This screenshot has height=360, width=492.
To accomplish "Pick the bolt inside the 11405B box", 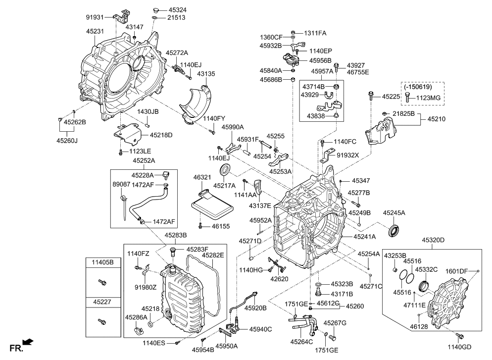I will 102,282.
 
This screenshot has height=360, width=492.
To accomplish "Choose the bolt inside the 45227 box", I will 102,322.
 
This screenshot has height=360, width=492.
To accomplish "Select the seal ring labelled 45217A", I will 226,170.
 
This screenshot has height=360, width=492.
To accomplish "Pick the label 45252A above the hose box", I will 144,160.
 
